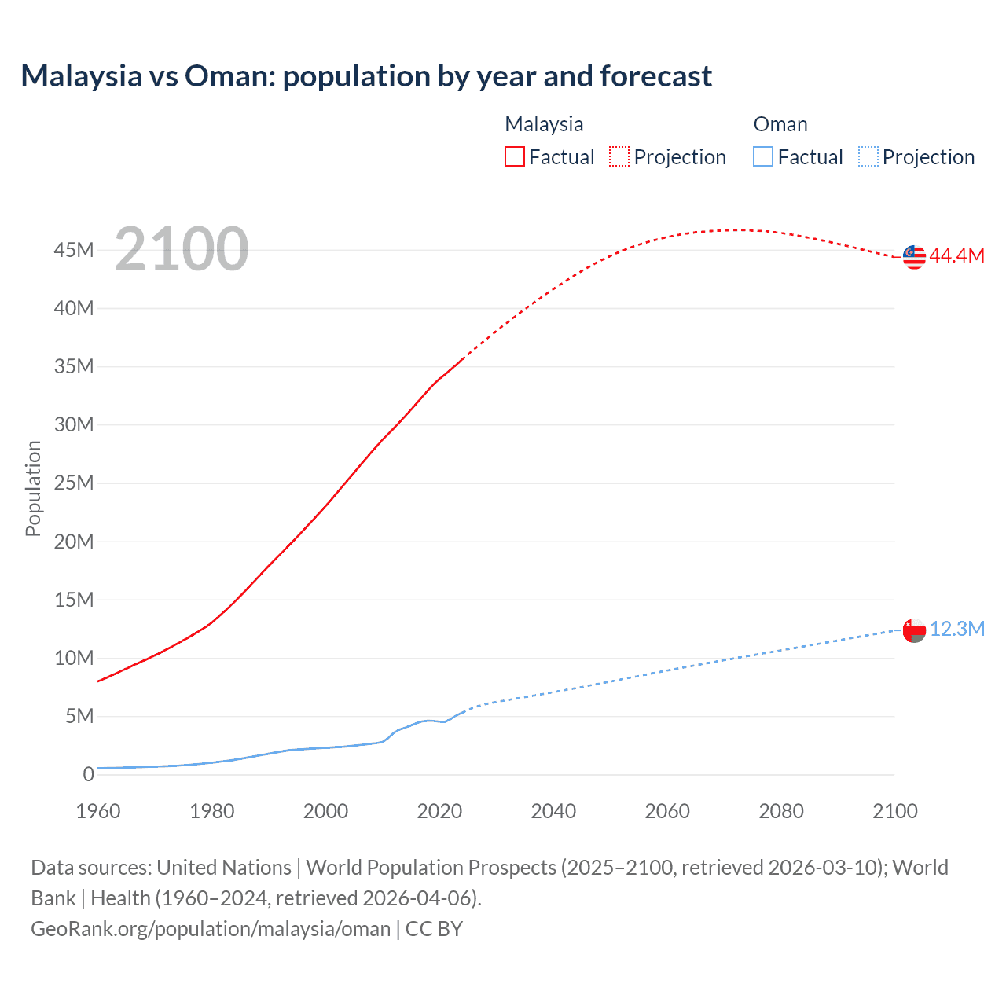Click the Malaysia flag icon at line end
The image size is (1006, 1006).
coord(914,256)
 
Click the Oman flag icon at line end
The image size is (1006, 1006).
coord(914,630)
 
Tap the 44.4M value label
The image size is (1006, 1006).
coord(956,255)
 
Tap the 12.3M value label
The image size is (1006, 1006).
coord(957,629)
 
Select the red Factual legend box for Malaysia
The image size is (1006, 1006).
coord(514,156)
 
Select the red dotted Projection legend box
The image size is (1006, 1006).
coord(619,156)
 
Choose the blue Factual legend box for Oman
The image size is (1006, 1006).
coord(763,156)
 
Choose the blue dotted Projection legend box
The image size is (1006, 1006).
coord(868,156)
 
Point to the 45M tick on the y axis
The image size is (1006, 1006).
coord(74,250)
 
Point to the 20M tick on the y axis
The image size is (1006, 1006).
coord(74,542)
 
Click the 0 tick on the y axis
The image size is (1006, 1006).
coord(88,774)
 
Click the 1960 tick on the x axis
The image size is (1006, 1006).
coord(98,811)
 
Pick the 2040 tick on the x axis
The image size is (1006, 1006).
coord(553,811)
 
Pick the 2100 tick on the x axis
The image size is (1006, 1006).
coord(894,811)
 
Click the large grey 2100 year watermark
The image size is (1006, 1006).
coord(182,249)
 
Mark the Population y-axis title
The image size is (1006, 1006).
coord(33,488)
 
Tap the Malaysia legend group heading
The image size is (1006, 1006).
coord(544,124)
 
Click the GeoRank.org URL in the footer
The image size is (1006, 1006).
coord(211,929)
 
